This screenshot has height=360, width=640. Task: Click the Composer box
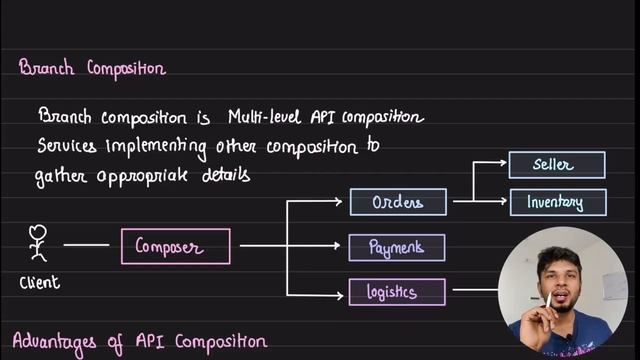point(176,245)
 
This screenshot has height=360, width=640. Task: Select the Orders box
point(398,202)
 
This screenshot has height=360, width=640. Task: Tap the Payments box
point(397,246)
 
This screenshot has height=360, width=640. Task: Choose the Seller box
point(555,164)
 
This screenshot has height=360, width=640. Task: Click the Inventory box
point(555,202)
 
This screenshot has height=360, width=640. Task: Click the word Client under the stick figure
point(40,283)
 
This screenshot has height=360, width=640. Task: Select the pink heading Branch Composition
point(92,68)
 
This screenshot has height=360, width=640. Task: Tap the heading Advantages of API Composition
point(140,342)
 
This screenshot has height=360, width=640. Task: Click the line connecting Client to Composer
point(86,245)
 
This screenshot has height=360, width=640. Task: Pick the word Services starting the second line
point(67,146)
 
